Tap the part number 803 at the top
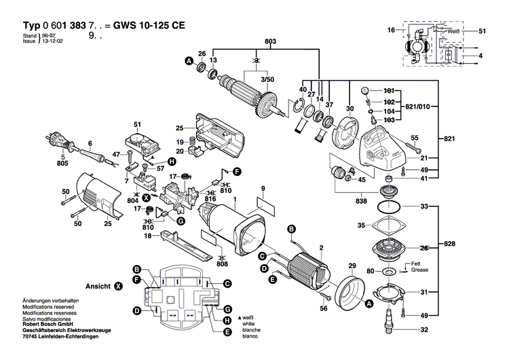point(270,42)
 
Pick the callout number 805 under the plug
point(63,164)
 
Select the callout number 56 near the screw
point(323,309)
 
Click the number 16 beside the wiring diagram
point(391,31)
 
